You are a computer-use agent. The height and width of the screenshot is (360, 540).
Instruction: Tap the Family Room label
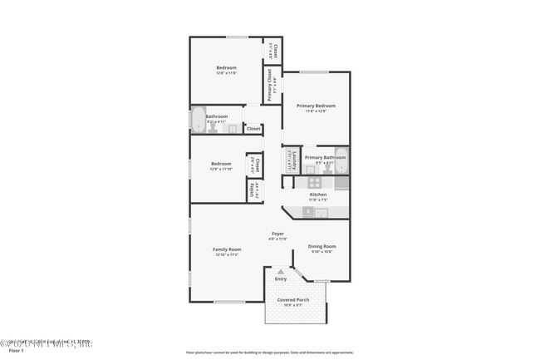tap(227, 249)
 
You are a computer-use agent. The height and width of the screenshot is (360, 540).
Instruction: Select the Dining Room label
tap(322, 246)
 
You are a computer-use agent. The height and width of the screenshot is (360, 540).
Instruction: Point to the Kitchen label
tap(318, 195)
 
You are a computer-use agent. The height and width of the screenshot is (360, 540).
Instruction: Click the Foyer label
tap(277, 234)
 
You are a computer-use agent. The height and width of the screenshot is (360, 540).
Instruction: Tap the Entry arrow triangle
tap(282, 271)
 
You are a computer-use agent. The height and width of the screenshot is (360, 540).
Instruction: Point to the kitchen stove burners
tap(315, 182)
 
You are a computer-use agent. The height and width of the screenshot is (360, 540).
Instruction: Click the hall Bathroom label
tap(217, 116)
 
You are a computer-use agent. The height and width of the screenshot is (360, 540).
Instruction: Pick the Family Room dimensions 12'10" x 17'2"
tap(227, 254)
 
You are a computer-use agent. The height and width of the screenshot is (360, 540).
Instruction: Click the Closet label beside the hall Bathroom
tap(253, 129)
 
